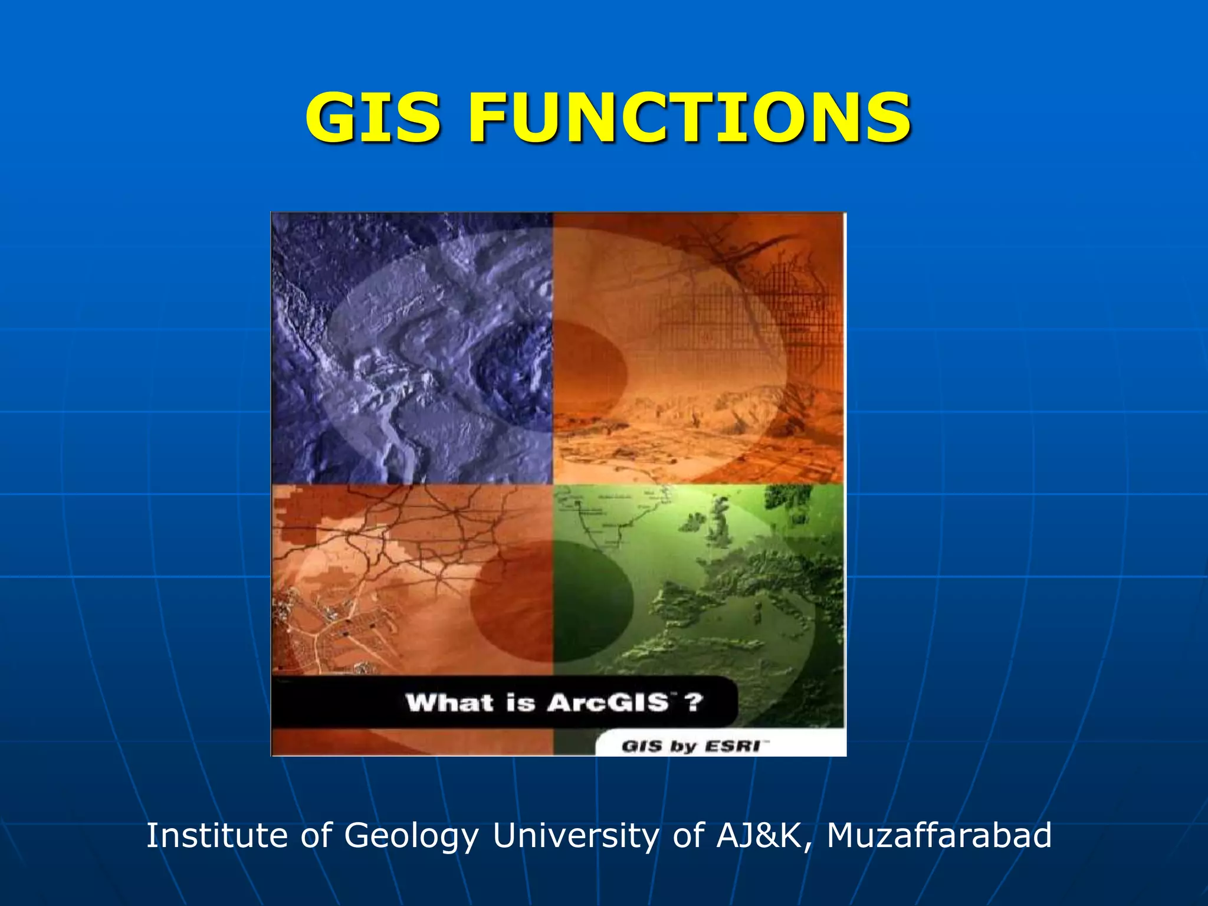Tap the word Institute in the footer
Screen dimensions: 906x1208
coord(216,835)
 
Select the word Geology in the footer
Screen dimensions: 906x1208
coord(411,836)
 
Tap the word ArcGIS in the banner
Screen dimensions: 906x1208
coord(608,703)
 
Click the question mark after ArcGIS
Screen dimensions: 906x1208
coord(694,703)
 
